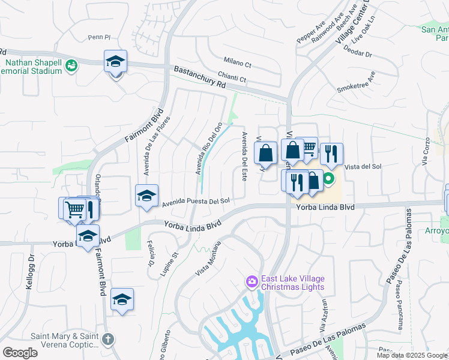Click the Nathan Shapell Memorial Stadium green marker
click(x=71, y=65)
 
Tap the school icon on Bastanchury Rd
click(x=115, y=62)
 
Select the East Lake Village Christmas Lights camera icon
click(x=252, y=281)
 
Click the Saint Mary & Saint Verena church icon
click(x=107, y=339)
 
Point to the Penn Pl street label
click(x=99, y=37)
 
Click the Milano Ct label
click(x=237, y=61)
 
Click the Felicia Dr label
click(x=149, y=254)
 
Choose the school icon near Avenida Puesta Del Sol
click(x=146, y=196)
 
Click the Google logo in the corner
click(x=20, y=353)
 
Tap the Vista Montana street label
click(x=208, y=259)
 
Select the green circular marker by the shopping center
click(x=329, y=178)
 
